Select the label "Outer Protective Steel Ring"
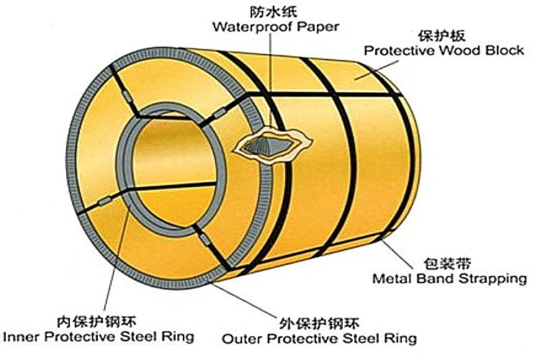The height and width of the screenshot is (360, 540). coord(319,338)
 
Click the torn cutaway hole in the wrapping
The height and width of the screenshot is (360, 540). coord(271,145)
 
